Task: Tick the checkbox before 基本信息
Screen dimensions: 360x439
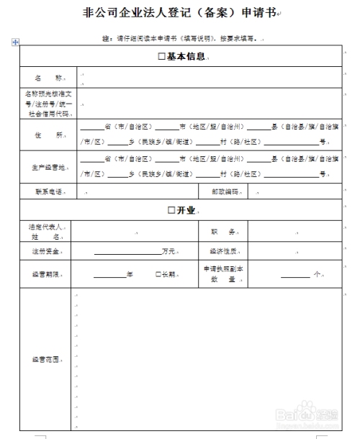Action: coord(161,56)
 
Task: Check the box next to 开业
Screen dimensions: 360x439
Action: coord(171,210)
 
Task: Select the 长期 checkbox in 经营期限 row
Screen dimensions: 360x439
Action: coord(158,274)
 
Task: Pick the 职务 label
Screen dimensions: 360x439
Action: coord(222,232)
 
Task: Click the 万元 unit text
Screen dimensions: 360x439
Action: coord(169,252)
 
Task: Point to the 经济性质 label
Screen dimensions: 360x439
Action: coord(222,252)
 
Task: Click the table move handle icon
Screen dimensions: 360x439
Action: coord(15,42)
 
